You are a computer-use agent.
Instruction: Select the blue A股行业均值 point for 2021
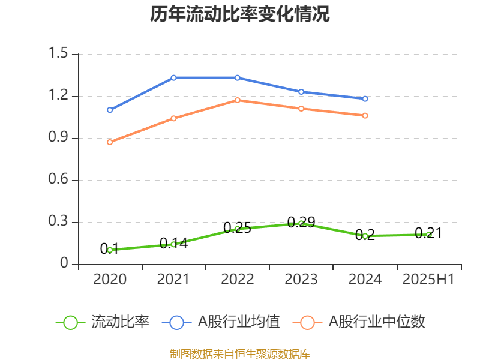point(173,77)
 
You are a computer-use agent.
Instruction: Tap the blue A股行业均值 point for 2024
point(365,98)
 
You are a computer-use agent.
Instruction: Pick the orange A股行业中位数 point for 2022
point(237,100)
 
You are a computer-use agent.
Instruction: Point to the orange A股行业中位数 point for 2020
point(110,142)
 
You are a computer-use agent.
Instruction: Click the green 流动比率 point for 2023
point(301,223)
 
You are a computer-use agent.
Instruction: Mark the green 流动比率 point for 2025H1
point(428,235)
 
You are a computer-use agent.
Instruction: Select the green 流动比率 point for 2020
point(110,250)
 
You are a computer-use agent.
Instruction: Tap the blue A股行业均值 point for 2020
point(110,110)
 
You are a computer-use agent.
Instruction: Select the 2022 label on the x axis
point(237,280)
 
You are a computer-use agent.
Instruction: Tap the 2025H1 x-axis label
point(428,280)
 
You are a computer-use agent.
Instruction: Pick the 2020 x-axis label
point(110,280)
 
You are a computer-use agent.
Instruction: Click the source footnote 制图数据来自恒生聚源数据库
point(240,353)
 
